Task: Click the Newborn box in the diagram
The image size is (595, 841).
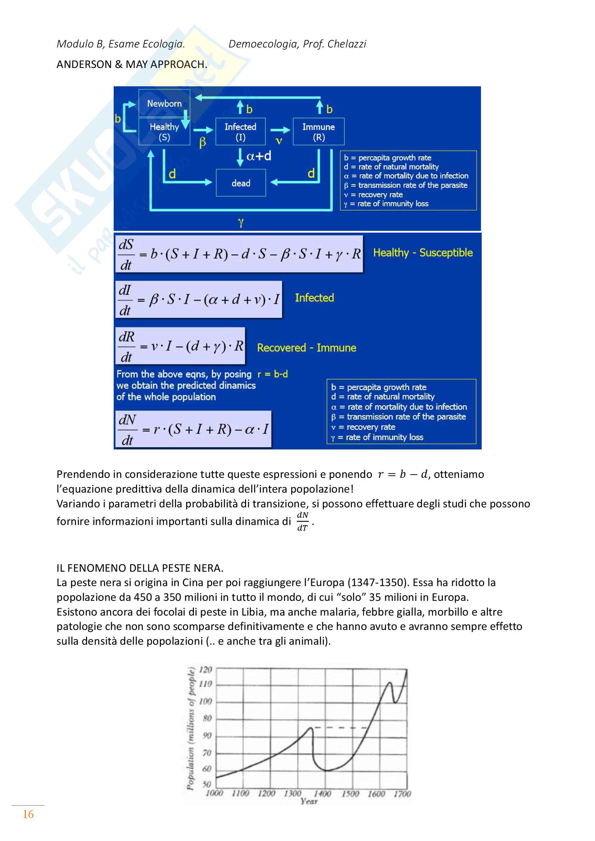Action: pos(164,104)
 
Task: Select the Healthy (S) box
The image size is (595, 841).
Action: pos(164,132)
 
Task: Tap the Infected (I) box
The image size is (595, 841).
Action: pos(240,132)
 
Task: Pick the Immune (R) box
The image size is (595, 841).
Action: pos(318,132)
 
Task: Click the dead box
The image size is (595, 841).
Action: pos(241,183)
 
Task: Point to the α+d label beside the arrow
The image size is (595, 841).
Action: pos(259,156)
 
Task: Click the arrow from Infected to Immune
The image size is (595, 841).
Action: pos(280,130)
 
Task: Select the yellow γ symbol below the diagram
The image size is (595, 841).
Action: pos(240,222)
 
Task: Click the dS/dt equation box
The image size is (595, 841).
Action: pos(239,254)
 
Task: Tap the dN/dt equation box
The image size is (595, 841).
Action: pos(194,429)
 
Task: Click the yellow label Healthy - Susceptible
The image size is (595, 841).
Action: pos(423,253)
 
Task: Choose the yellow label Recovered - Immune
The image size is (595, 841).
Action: pos(306,348)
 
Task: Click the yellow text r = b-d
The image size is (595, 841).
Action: pos(273,374)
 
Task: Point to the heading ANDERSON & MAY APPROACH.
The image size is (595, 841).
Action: pos(132,64)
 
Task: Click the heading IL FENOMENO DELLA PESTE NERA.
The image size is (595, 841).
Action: pos(140,568)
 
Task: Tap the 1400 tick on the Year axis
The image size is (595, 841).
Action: pos(322,794)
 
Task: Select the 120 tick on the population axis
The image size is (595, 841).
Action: pos(205,670)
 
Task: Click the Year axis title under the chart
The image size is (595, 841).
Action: pos(309,801)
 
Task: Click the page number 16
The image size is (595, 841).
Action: pos(28,814)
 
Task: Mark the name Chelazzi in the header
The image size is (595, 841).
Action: pos(346,44)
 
